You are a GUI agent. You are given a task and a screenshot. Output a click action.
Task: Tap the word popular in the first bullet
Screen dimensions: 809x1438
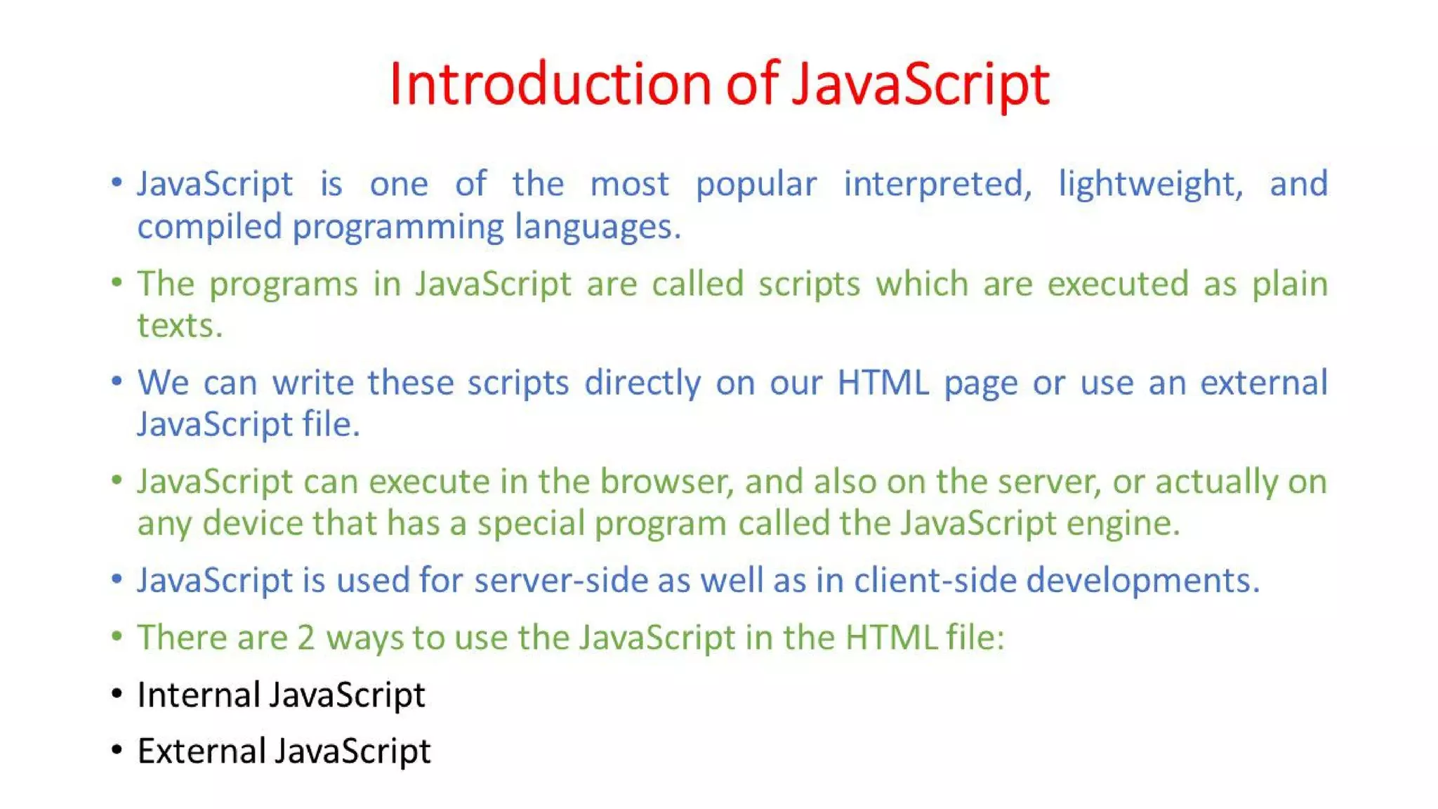[756, 185]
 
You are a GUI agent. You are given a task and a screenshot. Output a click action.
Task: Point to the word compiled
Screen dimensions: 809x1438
[209, 227]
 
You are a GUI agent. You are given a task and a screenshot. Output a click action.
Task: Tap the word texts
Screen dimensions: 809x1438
[179, 326]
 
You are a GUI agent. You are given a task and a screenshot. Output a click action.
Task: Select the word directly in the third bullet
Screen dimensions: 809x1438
[642, 383]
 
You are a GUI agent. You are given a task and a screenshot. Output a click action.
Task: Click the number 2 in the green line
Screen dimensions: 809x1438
[305, 638]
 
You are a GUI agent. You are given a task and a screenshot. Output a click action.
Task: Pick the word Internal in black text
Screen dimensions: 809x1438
[199, 695]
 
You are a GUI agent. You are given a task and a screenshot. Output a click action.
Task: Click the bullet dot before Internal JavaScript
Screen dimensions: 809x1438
[117, 694]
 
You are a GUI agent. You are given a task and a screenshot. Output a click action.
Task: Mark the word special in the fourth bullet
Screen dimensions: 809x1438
[531, 524]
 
